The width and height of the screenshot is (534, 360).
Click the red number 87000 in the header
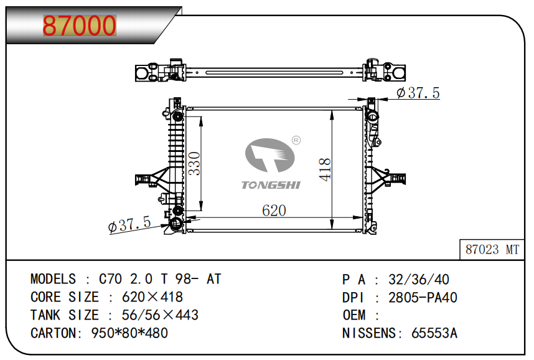point(79,26)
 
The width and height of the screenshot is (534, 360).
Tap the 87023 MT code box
point(492,250)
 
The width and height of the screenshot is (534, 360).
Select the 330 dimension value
point(194,163)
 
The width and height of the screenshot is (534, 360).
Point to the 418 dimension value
point(325,169)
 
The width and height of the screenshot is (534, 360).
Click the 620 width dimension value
point(274,211)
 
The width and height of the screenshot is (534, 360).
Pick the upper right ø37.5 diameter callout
point(418,93)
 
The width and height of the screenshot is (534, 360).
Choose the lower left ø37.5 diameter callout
point(129,224)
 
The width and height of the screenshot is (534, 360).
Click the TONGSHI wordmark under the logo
point(271,185)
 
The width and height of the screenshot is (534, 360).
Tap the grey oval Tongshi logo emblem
point(269,155)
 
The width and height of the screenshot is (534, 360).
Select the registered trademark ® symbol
point(296,140)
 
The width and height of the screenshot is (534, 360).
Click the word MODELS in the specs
point(53,279)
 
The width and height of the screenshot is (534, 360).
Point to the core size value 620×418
point(152,297)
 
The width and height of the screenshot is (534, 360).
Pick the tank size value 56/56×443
point(160,315)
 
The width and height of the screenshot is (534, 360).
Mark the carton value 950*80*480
point(129,333)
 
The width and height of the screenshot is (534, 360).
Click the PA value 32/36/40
point(419,280)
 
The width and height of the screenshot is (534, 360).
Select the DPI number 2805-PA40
point(423,298)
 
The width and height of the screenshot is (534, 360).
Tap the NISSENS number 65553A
point(434,333)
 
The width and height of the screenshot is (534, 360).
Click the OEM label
point(354,315)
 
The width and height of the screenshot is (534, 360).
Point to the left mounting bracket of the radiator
point(152,179)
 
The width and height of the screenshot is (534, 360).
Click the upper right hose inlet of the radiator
point(372,116)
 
